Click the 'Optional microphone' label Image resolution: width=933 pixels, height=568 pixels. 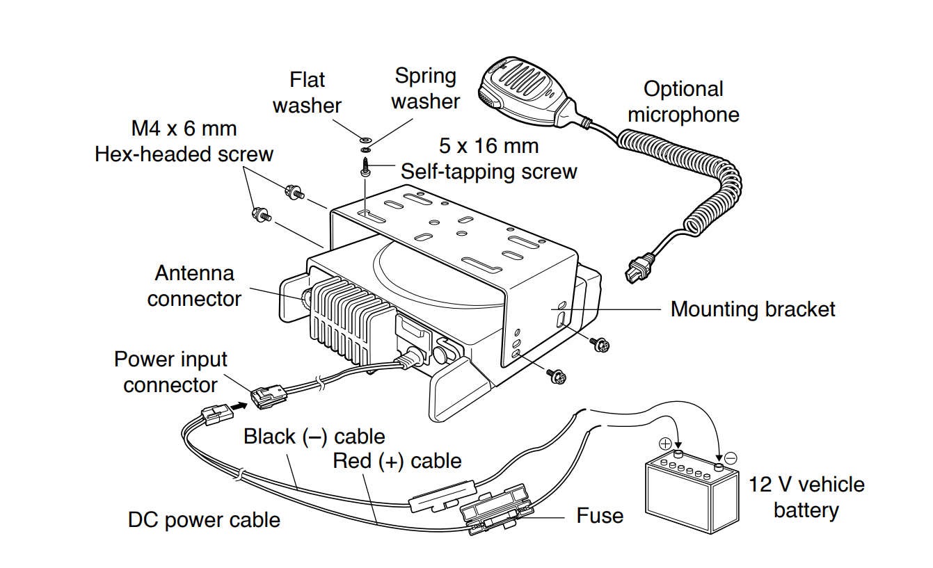pos(683,102)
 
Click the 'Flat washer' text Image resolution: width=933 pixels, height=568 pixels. pos(307,92)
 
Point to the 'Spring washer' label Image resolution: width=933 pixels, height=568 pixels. pos(425,88)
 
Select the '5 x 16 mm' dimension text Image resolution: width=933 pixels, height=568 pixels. pos(489,146)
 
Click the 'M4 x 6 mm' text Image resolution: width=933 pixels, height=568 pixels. pos(184,129)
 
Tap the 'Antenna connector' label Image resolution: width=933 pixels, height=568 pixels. pos(194,286)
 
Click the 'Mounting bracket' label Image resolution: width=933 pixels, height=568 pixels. pos(753,309)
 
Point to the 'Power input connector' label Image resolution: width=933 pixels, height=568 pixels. pos(170,372)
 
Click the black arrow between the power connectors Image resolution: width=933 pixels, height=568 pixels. pos(239,405)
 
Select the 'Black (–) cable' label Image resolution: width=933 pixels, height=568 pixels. pos(314,437)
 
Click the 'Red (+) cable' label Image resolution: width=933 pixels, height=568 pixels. pos(397,460)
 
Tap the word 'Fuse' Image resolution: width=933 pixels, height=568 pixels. pos(600,515)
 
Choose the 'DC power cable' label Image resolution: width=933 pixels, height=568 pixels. pos(204,519)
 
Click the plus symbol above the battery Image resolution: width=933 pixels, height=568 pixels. pos(664,444)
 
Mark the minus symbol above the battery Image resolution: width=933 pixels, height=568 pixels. pos(731,458)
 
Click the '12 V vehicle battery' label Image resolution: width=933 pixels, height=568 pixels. pos(806,497)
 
